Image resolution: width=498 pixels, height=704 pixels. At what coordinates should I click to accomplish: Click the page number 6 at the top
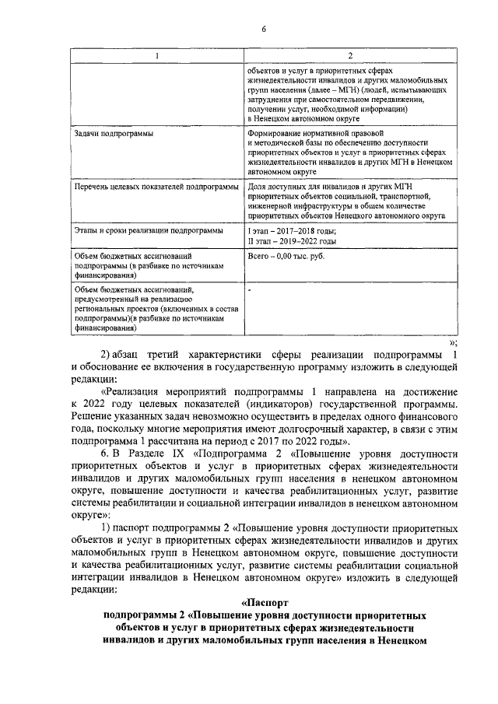coord(264,29)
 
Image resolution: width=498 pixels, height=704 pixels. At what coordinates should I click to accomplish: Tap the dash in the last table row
coord(249,288)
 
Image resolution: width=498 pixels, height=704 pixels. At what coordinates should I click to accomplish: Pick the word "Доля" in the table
coord(257,187)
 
